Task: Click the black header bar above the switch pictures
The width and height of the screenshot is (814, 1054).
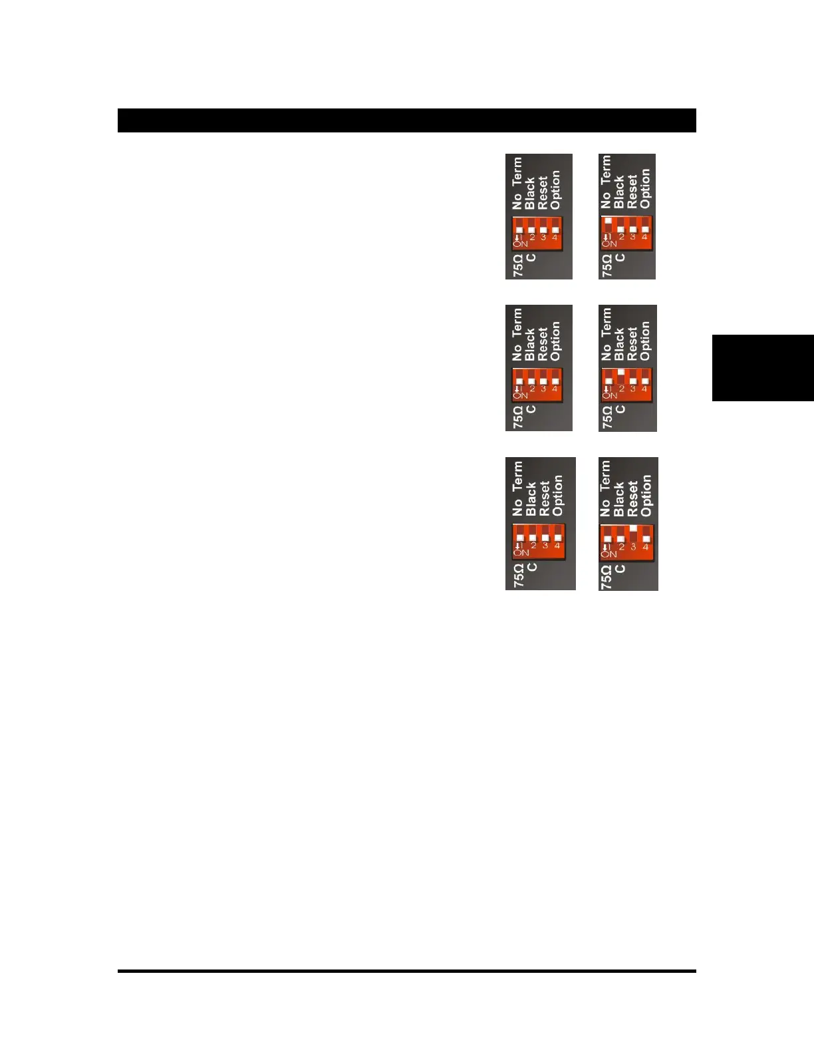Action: [x=406, y=120]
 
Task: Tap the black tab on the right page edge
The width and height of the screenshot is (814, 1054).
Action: [x=763, y=368]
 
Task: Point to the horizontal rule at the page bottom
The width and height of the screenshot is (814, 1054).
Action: [x=406, y=971]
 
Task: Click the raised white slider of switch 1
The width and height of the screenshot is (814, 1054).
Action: [x=608, y=220]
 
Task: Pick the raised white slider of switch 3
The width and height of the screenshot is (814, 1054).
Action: [x=633, y=528]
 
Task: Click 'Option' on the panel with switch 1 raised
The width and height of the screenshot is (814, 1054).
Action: [x=644, y=188]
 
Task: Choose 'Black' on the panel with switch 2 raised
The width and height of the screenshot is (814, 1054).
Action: [x=619, y=343]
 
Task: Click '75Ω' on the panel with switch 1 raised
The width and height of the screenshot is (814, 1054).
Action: [x=607, y=265]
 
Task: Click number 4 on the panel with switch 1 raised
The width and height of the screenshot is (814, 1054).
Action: [x=644, y=237]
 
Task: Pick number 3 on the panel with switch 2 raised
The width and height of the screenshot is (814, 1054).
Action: [x=632, y=389]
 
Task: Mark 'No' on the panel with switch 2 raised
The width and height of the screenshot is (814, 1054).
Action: [x=606, y=352]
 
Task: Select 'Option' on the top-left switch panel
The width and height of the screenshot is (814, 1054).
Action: [x=555, y=189]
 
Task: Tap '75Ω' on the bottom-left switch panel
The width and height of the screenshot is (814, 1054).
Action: [x=519, y=576]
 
